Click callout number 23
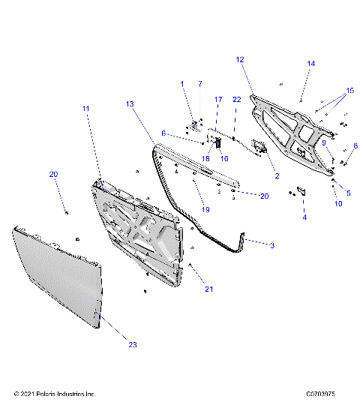point(133,345)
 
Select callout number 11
point(86,109)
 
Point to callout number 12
point(240,59)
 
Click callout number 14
point(311,64)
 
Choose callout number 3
point(271,245)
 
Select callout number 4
point(304,217)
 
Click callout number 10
point(338,203)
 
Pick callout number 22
point(235,99)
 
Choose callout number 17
point(218,99)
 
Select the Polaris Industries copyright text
point(55,393)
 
